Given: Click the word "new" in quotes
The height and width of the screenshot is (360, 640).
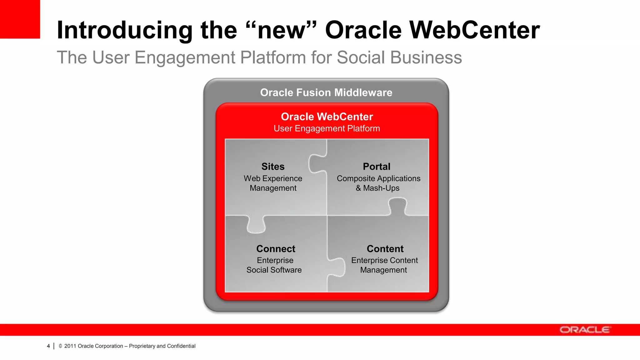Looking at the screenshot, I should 280,30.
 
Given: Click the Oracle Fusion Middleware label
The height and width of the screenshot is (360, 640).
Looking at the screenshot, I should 326,92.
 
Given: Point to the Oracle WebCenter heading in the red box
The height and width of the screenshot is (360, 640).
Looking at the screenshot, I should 327,117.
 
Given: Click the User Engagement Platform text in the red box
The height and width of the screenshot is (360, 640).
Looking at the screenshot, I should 327,128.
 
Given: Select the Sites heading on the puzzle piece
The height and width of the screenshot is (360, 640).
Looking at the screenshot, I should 273,167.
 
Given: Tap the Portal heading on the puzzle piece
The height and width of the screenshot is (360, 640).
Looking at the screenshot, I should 377,167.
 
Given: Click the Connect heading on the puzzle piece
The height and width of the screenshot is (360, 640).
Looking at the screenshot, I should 276,249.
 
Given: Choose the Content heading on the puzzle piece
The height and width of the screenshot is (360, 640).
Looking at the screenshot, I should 385,249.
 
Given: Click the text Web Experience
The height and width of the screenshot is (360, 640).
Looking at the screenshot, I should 273,178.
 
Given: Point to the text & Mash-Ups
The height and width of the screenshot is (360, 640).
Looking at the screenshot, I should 377,188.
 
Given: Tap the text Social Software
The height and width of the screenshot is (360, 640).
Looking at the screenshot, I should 274,270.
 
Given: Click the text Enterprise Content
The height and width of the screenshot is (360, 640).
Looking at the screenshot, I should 384,260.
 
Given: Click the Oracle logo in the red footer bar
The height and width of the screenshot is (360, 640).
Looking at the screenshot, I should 585,330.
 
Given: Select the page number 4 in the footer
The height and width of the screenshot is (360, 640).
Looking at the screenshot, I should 48,346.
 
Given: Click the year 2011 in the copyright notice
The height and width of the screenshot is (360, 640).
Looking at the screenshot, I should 70,346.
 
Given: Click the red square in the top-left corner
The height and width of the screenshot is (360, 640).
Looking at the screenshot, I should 20,19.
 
